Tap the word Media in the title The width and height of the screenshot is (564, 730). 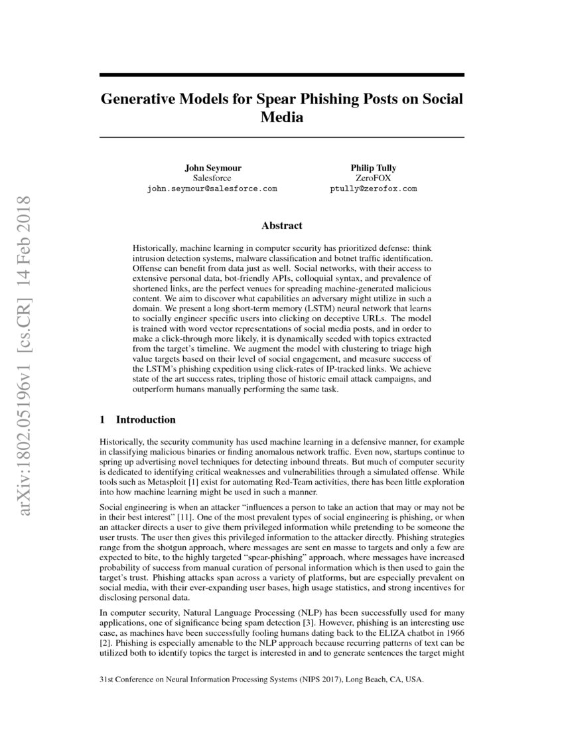pyautogui.click(x=281, y=117)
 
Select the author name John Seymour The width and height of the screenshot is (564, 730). pyautogui.click(x=211, y=168)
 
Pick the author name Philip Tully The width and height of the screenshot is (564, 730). pyautogui.click(x=373, y=168)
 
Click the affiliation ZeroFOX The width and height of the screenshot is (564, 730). pyautogui.click(x=373, y=179)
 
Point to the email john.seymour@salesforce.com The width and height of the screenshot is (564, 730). pyautogui.click(x=211, y=189)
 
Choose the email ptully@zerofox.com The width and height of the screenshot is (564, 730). pyautogui.click(x=373, y=189)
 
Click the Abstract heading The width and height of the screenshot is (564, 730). pyautogui.click(x=281, y=226)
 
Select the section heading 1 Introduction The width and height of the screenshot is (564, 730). pyautogui.click(x=137, y=419)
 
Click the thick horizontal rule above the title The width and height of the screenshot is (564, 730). pyautogui.click(x=281, y=74)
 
